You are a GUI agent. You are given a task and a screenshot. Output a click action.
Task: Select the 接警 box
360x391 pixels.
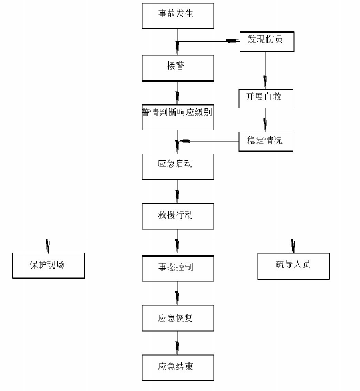click(x=178, y=68)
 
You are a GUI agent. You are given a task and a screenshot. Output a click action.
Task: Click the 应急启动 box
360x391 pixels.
click(x=178, y=166)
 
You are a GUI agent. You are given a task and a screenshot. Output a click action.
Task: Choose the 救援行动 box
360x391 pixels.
click(x=178, y=216)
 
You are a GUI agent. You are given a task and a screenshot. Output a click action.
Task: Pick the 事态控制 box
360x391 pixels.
click(x=178, y=267)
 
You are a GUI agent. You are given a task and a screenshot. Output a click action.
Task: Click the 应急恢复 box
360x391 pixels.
click(x=178, y=317)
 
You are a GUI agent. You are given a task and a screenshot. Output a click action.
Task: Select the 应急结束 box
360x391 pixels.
click(x=178, y=367)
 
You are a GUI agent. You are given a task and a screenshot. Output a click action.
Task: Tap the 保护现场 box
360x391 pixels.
click(x=48, y=265)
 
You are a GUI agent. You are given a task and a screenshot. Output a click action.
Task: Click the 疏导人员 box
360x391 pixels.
click(x=293, y=265)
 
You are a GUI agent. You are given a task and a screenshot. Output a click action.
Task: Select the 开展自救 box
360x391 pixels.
click(x=266, y=98)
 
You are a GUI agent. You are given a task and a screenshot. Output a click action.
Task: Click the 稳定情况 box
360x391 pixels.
click(x=266, y=140)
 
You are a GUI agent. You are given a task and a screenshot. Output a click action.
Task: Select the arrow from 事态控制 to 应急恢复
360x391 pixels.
click(x=178, y=292)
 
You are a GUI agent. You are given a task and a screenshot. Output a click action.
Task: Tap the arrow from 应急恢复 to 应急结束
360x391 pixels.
click(x=178, y=342)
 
